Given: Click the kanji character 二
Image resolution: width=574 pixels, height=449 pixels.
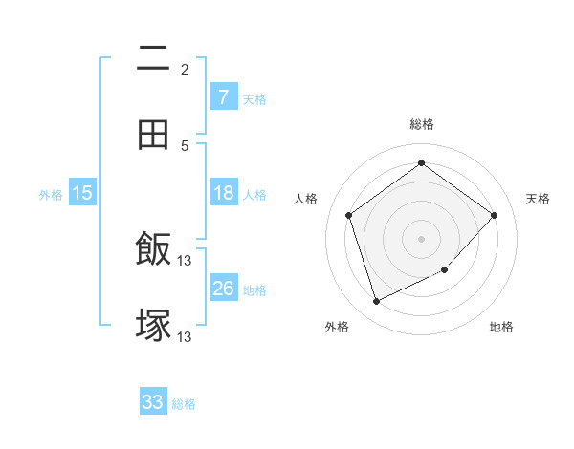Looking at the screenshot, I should click(153, 59).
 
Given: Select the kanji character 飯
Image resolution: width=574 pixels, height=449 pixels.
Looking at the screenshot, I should click(153, 250).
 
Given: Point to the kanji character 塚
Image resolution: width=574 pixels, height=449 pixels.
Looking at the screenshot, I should click(153, 325).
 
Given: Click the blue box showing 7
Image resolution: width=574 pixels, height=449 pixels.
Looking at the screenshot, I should click(223, 96).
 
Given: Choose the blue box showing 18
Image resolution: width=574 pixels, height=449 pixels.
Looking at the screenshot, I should click(223, 193).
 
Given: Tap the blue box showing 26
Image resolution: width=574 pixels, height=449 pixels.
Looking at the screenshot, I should click(223, 289).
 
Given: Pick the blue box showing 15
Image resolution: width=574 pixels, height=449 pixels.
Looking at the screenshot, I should click(82, 193).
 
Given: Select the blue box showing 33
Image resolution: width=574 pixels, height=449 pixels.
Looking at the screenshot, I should click(153, 402).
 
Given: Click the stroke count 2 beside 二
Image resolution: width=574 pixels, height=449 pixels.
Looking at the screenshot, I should click(185, 69).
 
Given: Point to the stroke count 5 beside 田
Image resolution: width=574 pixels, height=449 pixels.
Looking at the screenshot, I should click(185, 145).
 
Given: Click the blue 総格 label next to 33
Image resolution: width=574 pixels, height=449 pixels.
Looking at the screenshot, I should click(184, 404).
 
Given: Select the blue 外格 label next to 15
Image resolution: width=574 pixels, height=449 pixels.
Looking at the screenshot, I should click(51, 195).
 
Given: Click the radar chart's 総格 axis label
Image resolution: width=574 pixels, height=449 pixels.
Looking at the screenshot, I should click(421, 124).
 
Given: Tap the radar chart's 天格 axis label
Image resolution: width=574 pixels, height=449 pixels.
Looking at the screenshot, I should click(539, 199).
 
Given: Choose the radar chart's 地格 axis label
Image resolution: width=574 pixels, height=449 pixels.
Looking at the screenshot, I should click(501, 328).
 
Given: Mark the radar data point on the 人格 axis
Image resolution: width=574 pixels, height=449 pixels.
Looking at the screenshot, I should click(349, 215).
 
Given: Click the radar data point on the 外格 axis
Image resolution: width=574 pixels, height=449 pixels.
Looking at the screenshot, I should click(376, 302).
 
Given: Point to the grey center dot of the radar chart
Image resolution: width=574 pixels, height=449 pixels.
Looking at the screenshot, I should click(421, 238).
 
